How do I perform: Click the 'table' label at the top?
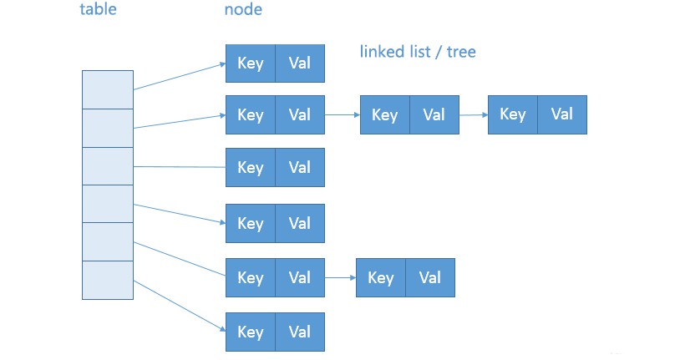click(x=98, y=10)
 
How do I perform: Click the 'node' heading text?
click(x=243, y=10)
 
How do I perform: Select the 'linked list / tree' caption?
click(x=418, y=52)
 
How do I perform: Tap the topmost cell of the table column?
click(x=107, y=89)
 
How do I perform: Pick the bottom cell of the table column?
click(x=107, y=280)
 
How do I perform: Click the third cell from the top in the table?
click(x=107, y=165)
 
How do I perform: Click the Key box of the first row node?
click(x=250, y=63)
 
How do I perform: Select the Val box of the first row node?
click(x=299, y=63)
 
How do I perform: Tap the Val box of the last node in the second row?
click(x=562, y=114)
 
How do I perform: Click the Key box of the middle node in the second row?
click(x=384, y=115)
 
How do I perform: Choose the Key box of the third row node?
click(x=250, y=168)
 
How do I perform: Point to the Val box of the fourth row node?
click(x=299, y=223)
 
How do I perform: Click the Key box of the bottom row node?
click(x=250, y=332)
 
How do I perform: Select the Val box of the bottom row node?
click(x=299, y=332)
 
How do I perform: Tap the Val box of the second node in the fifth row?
click(x=429, y=277)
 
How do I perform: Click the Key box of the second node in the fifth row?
click(x=380, y=277)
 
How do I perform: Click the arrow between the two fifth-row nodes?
click(x=340, y=277)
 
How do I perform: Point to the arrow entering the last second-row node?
click(x=474, y=115)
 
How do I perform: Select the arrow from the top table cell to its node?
click(x=179, y=75)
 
